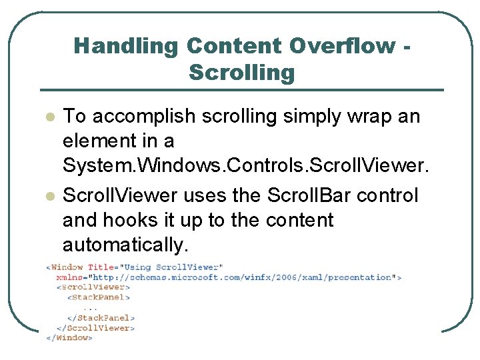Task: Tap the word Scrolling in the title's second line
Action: [241, 72]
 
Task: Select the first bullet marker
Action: [49, 117]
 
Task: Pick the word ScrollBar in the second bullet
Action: [313, 196]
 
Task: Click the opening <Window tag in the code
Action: [65, 267]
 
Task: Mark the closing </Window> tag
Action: [69, 338]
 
